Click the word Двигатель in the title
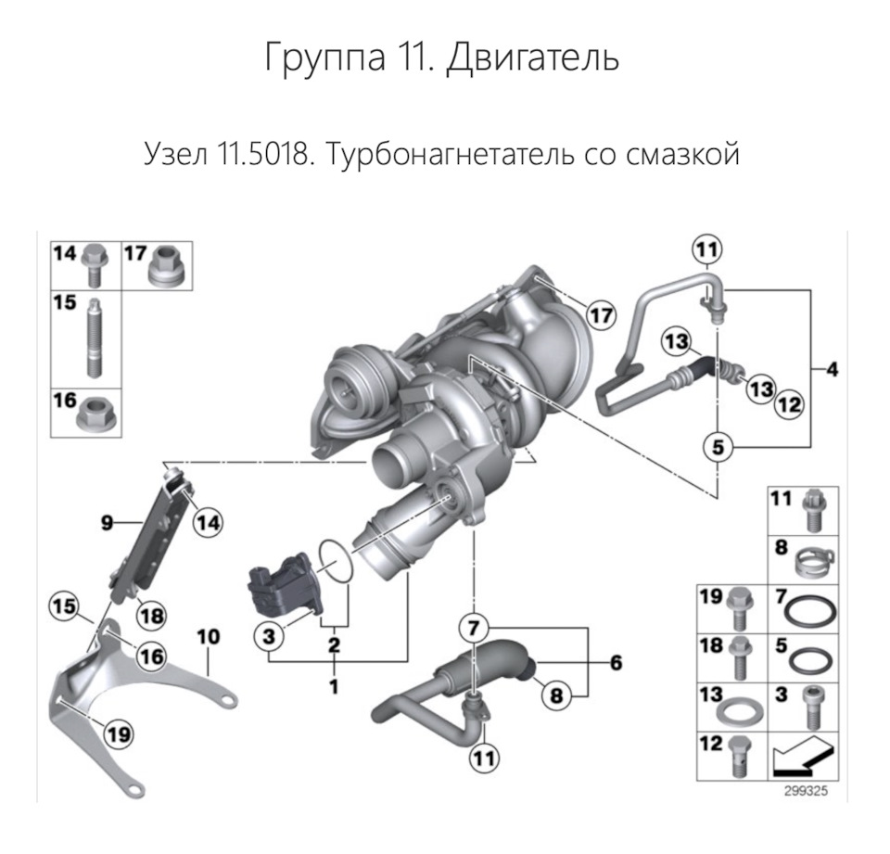pyautogui.click(x=532, y=57)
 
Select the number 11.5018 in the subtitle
pyautogui.click(x=258, y=153)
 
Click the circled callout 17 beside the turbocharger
pyautogui.click(x=601, y=315)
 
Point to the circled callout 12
pyautogui.click(x=789, y=404)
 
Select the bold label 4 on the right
pyautogui.click(x=832, y=370)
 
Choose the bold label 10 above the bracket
pyautogui.click(x=209, y=637)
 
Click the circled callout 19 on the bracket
pyautogui.click(x=118, y=734)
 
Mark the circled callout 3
pyautogui.click(x=268, y=637)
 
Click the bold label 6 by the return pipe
pyautogui.click(x=616, y=663)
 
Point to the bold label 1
pyautogui.click(x=334, y=687)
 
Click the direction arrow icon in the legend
pyautogui.click(x=803, y=756)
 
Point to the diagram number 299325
pyautogui.click(x=804, y=793)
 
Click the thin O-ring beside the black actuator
pyautogui.click(x=335, y=561)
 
